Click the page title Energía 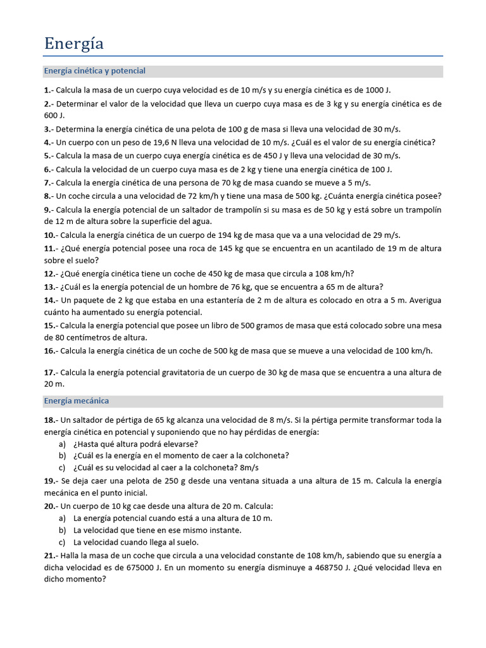click(x=73, y=44)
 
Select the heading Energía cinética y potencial click(x=94, y=71)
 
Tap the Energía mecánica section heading click(x=76, y=401)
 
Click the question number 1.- click(x=49, y=90)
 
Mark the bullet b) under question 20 click(x=62, y=530)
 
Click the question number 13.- click(x=51, y=287)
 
